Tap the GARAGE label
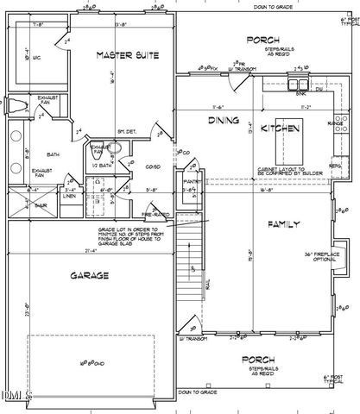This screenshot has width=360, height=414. coord(89,276)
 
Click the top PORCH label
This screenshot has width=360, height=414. coord(262,39)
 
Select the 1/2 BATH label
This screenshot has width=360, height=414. coord(99,165)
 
